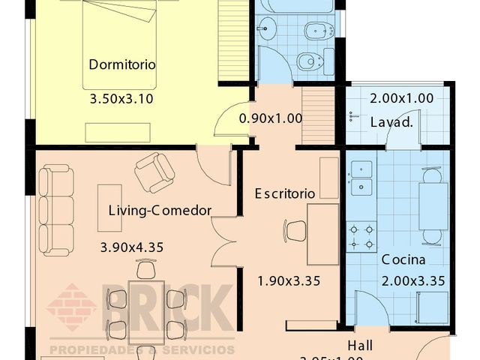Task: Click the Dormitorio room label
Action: (122, 64)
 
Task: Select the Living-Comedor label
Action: (159, 210)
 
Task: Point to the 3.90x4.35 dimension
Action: (132, 246)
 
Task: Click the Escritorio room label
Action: (284, 193)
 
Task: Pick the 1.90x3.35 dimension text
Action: (289, 281)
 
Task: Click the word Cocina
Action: (403, 260)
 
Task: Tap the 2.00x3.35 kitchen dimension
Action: (413, 281)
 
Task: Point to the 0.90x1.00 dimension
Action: (271, 118)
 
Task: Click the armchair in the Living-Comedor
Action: (154, 172)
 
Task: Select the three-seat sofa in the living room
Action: (56, 211)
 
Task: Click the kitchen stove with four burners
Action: (361, 235)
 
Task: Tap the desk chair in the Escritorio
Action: (295, 230)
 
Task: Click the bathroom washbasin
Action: (266, 31)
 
